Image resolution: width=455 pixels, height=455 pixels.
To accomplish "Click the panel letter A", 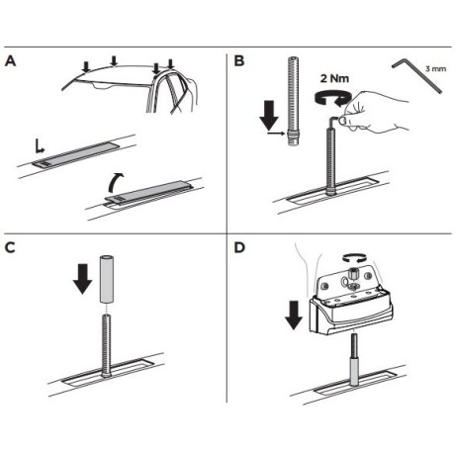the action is pyautogui.click(x=11, y=61).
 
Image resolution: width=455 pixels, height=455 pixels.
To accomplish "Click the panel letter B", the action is pyautogui.click(x=239, y=61).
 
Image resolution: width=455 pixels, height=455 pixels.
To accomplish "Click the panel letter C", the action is pyautogui.click(x=10, y=247).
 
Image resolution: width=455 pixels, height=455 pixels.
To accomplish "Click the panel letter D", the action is pyautogui.click(x=239, y=247).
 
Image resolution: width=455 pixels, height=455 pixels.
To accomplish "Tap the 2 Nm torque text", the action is pyautogui.click(x=334, y=78).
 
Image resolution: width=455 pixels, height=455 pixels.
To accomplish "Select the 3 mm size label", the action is pyautogui.click(x=435, y=69).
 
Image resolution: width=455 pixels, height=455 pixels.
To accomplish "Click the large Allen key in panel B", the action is pyautogui.click(x=416, y=75).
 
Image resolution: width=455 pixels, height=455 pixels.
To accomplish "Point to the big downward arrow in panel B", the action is pyautogui.click(x=269, y=115).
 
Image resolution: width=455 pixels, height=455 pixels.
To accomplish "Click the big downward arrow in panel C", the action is pyautogui.click(x=82, y=279).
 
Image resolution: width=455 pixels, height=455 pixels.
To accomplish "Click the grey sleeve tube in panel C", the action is pyautogui.click(x=107, y=279).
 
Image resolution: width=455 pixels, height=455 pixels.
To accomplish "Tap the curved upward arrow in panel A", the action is pyautogui.click(x=116, y=182).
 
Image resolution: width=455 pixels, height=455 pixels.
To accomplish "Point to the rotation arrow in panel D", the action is pyautogui.click(x=354, y=256).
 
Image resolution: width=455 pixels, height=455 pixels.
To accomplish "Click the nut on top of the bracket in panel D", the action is pyautogui.click(x=354, y=273).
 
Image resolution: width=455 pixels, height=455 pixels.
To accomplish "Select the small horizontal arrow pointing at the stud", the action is pyautogui.click(x=276, y=134).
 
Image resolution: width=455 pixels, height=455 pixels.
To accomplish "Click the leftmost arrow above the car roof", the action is pyautogui.click(x=86, y=67).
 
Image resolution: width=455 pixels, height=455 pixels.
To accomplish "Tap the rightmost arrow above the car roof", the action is pyautogui.click(x=170, y=64).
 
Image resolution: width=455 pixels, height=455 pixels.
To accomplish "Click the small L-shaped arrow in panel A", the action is pyautogui.click(x=40, y=147).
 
